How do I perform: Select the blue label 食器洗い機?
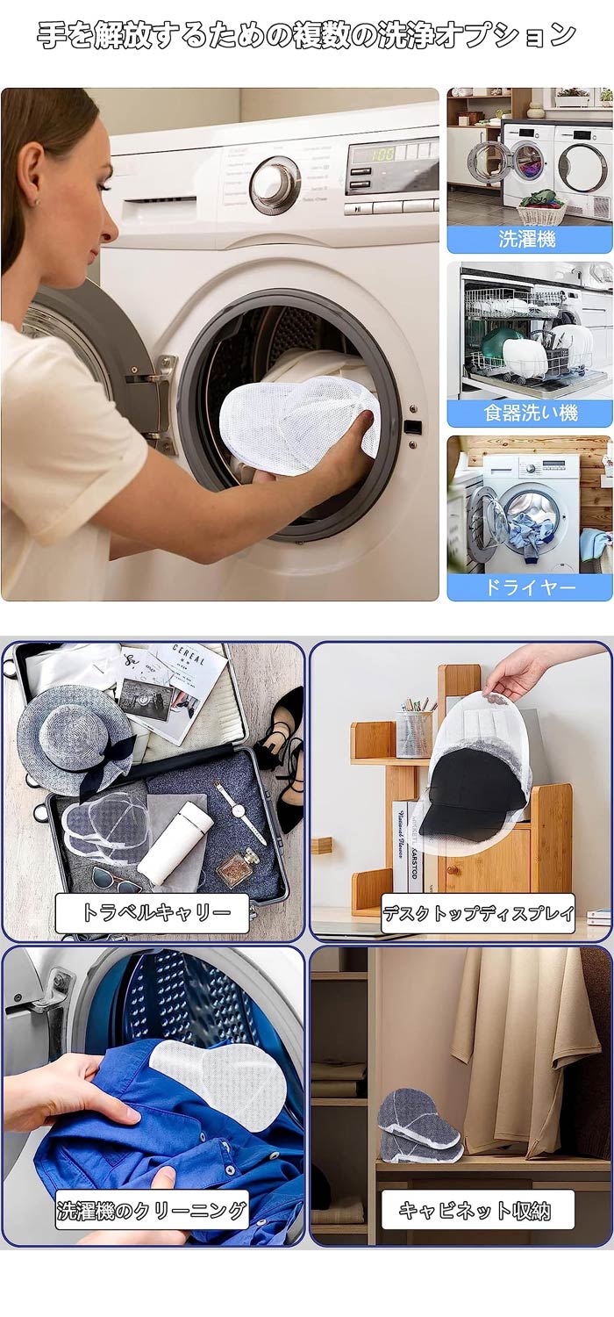tap(530, 413)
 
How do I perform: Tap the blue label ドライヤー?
tap(530, 587)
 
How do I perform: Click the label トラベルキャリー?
tap(152, 912)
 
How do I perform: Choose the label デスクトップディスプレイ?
tap(478, 913)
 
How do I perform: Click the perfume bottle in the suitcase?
tap(241, 869)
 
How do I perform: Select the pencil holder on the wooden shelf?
tap(414, 732)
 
